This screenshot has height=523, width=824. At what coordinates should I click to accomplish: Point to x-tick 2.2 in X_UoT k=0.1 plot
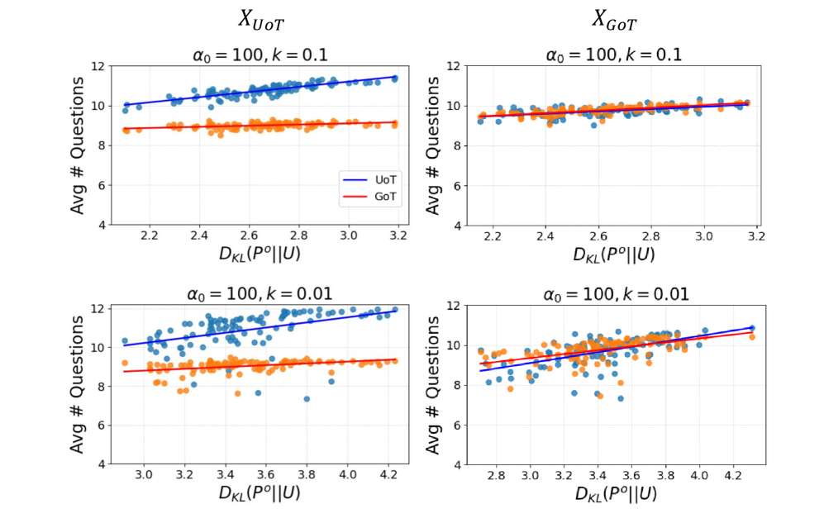click(x=150, y=236)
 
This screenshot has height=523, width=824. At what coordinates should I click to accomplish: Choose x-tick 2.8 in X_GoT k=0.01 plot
click(x=497, y=477)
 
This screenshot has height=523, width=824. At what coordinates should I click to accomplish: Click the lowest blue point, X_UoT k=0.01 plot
click(x=307, y=399)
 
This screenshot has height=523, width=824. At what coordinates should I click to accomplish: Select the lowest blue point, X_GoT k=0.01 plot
click(x=621, y=399)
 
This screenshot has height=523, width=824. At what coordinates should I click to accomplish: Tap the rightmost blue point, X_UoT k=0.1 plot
click(x=395, y=78)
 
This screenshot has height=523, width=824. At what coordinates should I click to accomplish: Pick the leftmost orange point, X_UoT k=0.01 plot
click(x=124, y=363)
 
